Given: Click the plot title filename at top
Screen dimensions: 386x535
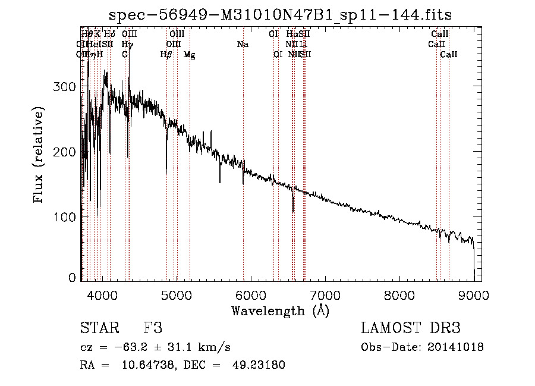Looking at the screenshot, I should (x=285, y=15).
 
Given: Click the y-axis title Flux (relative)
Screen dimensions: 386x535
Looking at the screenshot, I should (x=39, y=156).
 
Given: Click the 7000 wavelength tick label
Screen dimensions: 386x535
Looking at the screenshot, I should (x=325, y=294).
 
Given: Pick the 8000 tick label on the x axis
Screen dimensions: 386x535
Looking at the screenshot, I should (x=399, y=294).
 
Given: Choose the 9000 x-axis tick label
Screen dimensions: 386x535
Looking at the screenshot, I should (x=474, y=294).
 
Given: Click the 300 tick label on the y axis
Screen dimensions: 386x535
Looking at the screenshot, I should (x=63, y=87).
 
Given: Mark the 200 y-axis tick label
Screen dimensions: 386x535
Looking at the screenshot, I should (x=63, y=152).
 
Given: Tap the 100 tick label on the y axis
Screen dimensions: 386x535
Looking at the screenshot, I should (x=63, y=216).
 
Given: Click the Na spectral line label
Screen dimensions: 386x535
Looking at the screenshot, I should (x=243, y=45).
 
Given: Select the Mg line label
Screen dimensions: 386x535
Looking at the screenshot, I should (x=189, y=55).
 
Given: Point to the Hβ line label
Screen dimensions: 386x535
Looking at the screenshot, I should (x=166, y=55).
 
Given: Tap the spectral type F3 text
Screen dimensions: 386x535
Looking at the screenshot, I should (x=153, y=328).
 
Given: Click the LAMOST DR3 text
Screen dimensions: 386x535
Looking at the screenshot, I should (x=410, y=328).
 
